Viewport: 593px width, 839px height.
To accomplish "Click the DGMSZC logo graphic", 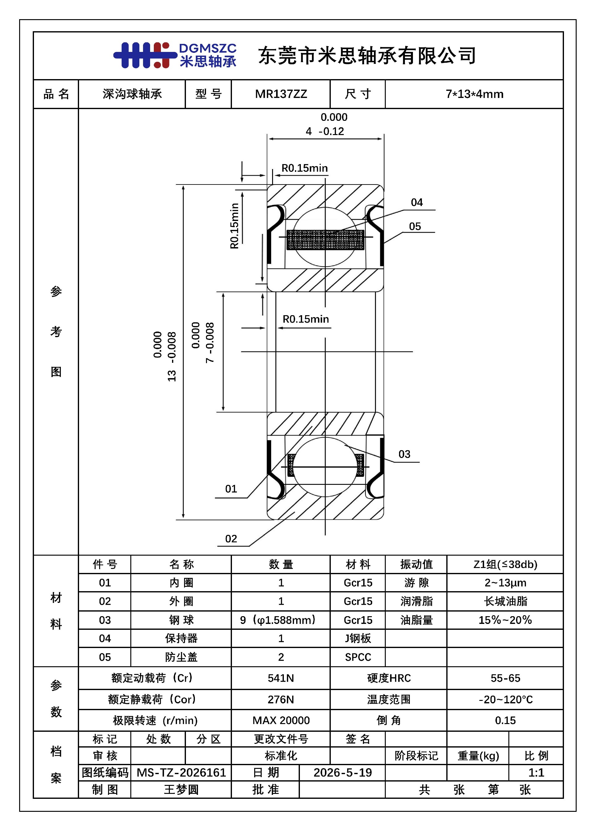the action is pos(175,55).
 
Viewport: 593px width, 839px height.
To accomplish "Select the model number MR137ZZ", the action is pos(281,94).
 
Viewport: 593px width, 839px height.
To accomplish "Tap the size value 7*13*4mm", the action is pos(474,94).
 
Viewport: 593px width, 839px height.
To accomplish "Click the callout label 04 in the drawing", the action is pos(417,202).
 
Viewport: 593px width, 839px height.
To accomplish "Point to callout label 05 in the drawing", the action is pos(415,227).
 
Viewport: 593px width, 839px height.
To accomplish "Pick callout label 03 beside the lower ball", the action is pos(404,454).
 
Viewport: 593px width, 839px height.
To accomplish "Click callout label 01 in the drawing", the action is pos(231,489).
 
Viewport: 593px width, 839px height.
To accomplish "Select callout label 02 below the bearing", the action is pos(231,539).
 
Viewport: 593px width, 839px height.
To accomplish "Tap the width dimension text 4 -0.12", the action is pos(325,132).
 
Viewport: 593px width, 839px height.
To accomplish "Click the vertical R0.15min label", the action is pos(234,226).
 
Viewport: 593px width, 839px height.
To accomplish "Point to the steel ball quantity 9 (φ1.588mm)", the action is pos(278,620).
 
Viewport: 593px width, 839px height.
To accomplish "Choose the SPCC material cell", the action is pos(358,657).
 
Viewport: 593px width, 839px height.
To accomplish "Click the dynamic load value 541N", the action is pos(281,678).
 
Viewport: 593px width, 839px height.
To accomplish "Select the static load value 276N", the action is pos(281,699).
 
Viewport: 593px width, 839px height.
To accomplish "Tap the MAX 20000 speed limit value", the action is pos(281,721).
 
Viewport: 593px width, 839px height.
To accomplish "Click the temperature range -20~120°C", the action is pos(506,699).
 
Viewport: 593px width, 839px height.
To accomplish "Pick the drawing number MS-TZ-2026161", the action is pos(181,773).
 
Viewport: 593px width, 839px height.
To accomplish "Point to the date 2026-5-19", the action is pos(343,773).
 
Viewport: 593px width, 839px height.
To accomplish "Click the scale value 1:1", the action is pos(536,773).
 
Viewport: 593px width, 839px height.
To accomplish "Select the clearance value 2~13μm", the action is pos(505,583).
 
